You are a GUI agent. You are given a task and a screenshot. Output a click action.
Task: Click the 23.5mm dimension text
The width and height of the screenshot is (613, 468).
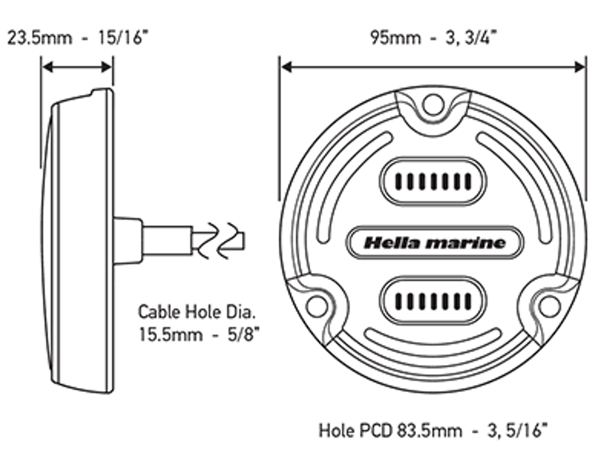point(39,38)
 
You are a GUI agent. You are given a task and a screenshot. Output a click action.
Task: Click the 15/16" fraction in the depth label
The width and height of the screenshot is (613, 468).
point(123,38)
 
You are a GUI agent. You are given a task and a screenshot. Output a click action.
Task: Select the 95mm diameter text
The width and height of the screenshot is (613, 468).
point(395,38)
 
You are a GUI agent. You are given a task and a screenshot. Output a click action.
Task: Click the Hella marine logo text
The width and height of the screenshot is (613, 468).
point(434,243)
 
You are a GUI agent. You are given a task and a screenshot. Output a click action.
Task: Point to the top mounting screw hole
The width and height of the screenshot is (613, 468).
point(433,105)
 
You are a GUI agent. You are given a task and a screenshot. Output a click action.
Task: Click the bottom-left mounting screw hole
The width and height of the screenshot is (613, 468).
point(317,306)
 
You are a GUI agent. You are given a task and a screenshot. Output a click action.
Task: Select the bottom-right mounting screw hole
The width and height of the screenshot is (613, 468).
point(549,306)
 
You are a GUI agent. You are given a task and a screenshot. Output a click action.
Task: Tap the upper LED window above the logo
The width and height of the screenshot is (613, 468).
point(433,181)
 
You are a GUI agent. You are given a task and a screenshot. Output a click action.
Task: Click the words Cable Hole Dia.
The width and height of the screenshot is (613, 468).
point(197,312)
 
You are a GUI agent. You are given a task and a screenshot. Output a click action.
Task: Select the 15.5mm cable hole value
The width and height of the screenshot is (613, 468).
point(170,334)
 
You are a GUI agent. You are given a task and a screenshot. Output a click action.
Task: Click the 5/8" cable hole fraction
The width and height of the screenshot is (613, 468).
point(244,334)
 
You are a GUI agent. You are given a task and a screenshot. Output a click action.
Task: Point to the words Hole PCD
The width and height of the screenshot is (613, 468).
point(356,431)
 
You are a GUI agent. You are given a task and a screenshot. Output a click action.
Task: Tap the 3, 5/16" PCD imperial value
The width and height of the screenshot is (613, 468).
point(518,431)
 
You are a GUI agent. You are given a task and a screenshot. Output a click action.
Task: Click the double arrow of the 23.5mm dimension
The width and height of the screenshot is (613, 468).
point(78,67)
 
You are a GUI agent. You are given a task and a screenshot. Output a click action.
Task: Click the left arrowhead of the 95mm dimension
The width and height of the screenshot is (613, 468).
point(287,67)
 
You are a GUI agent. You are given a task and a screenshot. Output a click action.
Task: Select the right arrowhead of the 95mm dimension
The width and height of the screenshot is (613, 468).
point(579,67)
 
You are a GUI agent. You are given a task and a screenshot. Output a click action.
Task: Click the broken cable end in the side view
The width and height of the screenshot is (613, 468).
point(221,241)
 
